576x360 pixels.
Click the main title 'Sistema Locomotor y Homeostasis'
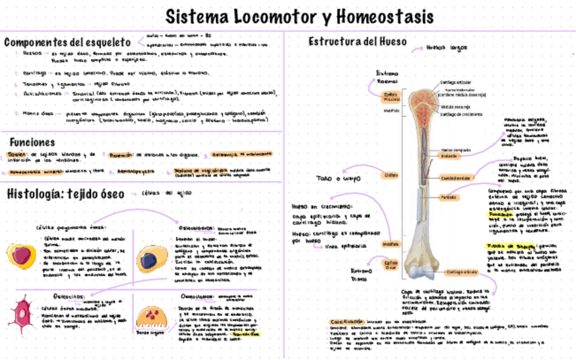point(300,16)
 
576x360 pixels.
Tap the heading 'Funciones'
point(32,143)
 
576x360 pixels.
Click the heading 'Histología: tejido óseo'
point(66,194)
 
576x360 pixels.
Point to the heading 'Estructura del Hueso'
point(357,41)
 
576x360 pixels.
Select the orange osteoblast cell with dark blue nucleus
point(150,259)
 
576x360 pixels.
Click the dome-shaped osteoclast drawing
point(149,318)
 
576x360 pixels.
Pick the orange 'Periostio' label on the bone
point(448,197)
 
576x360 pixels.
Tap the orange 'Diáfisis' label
point(391,175)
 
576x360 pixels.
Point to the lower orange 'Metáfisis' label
point(391,242)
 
